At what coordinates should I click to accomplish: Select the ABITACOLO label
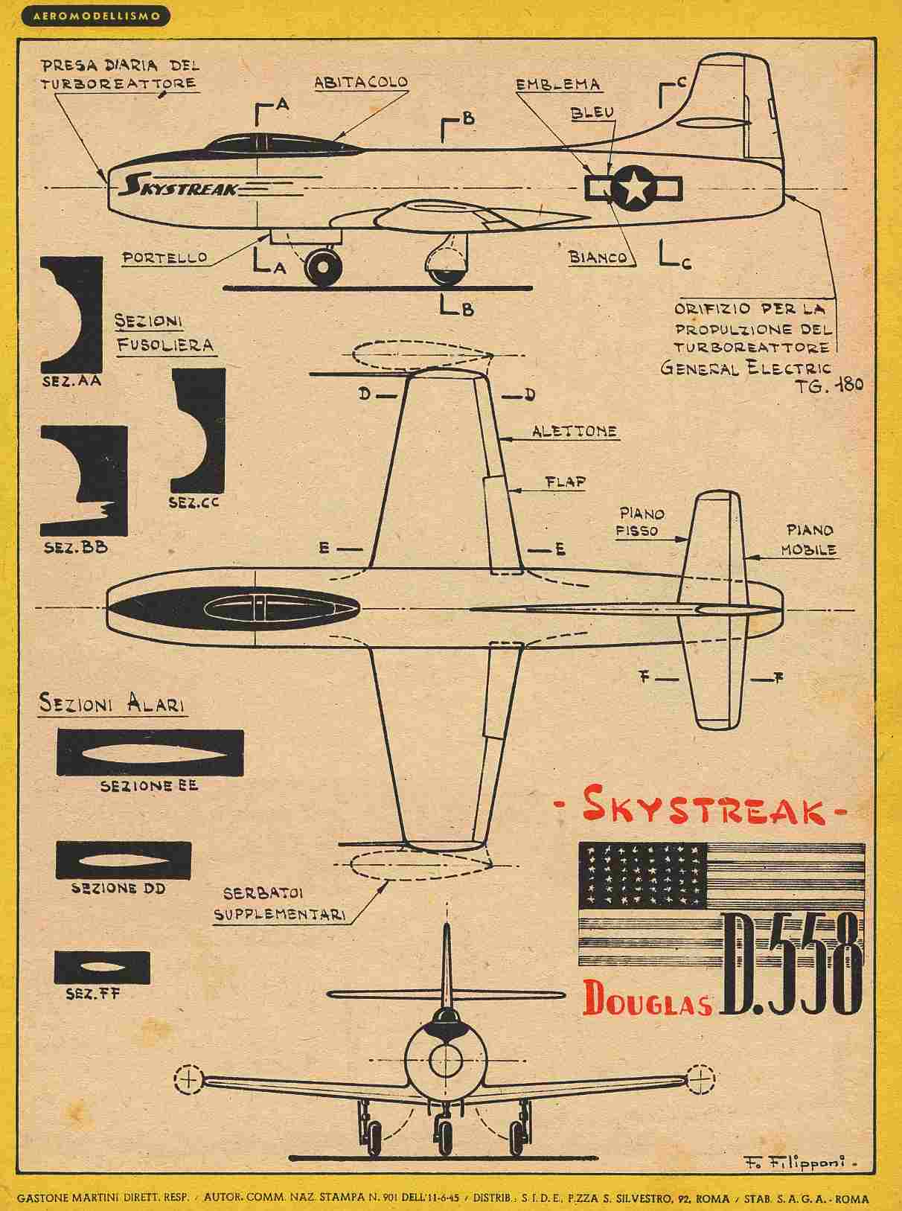click(361, 83)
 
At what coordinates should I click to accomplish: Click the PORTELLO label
click(165, 258)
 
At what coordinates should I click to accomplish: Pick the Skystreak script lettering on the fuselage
click(180, 185)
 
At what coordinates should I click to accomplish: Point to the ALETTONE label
click(574, 431)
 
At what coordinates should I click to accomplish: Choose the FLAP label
click(564, 482)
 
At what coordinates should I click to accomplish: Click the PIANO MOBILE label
click(810, 540)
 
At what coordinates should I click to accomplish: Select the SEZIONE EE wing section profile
click(150, 753)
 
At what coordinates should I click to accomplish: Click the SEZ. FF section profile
click(102, 966)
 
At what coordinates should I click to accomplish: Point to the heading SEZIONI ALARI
click(112, 703)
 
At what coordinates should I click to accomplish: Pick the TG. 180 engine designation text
click(829, 387)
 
